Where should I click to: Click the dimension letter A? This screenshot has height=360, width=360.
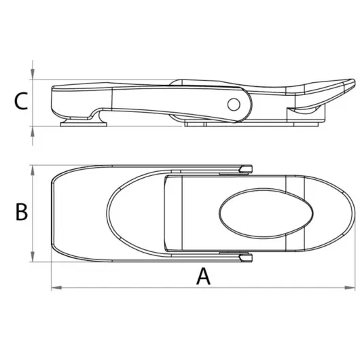coord(203,276)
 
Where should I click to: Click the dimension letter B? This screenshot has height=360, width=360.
coord(22,212)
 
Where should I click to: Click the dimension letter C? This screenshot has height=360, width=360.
coord(20,101)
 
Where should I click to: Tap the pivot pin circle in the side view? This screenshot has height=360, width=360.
coord(234,105)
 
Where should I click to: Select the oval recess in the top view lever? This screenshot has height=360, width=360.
coord(266,213)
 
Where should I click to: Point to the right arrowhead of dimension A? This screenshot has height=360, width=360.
coord(350,287)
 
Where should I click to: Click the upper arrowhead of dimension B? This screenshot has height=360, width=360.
coord(33,170)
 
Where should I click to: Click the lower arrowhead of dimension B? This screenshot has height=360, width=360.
coord(33,257)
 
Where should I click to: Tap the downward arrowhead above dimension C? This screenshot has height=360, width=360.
coord(33,74)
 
